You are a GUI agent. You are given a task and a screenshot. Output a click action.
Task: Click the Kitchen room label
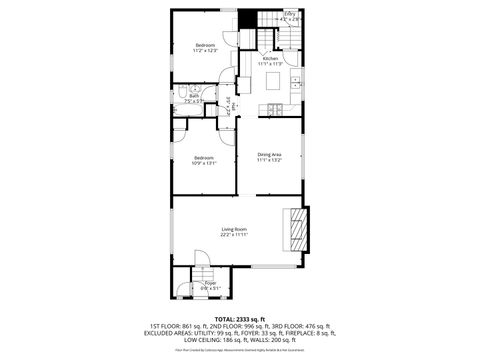[x=270, y=59]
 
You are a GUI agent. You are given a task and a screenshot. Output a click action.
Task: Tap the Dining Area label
[x=269, y=153]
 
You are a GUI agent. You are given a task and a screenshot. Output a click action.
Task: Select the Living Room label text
[x=234, y=230]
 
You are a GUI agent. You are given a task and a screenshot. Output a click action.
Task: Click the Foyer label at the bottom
[x=211, y=283]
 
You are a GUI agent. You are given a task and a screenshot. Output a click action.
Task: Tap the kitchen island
[x=273, y=84]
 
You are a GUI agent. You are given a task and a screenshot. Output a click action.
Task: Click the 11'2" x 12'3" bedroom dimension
[x=205, y=51]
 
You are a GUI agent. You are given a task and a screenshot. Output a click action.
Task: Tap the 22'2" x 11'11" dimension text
[x=234, y=235]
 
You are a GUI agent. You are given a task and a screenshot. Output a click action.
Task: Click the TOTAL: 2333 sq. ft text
[x=240, y=318]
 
